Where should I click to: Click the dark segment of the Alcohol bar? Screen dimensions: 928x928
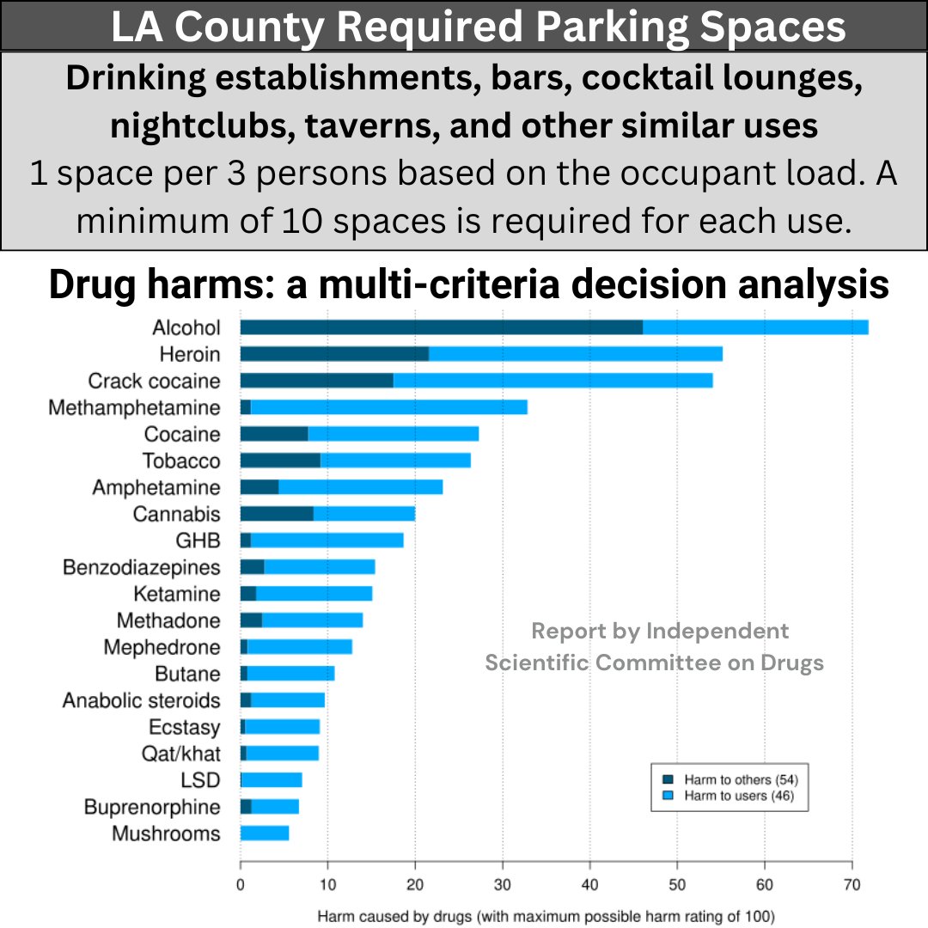click(441, 327)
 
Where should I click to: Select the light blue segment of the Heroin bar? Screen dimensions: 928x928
click(575, 354)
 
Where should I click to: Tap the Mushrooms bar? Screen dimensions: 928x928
click(265, 833)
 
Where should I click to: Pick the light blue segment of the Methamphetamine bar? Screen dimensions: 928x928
click(388, 407)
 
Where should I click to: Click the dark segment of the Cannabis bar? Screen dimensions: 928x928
click(276, 514)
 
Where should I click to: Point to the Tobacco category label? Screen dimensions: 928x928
click(181, 461)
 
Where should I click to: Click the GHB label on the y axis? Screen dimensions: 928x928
click(198, 540)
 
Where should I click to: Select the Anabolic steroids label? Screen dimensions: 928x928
click(141, 700)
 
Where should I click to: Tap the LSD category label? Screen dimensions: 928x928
click(201, 780)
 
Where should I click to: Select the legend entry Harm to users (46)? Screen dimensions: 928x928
click(735, 796)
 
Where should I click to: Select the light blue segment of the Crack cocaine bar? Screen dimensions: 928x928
click(553, 381)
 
